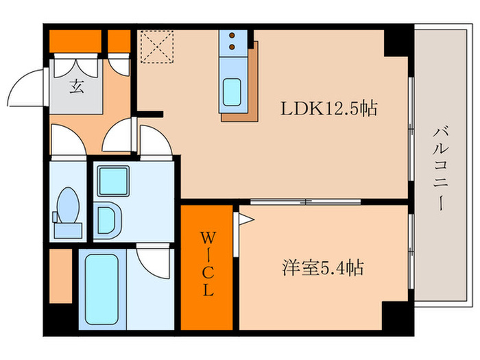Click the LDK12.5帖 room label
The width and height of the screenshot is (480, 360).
pyautogui.click(x=328, y=108)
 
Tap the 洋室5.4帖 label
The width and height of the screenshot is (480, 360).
pyautogui.click(x=322, y=268)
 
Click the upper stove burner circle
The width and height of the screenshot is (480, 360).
pyautogui.click(x=232, y=36)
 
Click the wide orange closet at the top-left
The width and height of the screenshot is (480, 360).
pyautogui.click(x=75, y=40)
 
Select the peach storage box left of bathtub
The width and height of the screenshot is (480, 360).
pyautogui.click(x=61, y=276)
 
